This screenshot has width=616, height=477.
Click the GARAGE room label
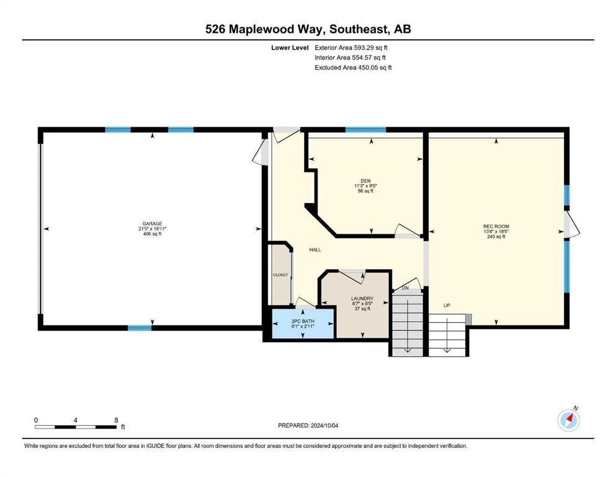(152, 224)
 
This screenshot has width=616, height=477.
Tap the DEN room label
(365, 181)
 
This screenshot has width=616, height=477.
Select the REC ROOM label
(496, 227)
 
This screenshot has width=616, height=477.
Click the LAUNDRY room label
(362, 299)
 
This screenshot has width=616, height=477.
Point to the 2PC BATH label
(303, 321)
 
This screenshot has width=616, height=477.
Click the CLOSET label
(280, 275)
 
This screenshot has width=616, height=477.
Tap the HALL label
(315, 250)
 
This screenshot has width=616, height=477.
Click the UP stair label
(447, 305)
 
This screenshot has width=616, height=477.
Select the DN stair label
(406, 288)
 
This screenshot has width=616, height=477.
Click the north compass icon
(568, 420)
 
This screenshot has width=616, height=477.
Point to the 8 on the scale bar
(116, 420)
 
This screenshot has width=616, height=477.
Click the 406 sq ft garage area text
(153, 234)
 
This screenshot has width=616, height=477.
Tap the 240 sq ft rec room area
(496, 237)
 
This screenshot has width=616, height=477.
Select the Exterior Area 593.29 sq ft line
(351, 48)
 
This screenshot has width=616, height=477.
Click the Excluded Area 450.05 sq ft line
(353, 68)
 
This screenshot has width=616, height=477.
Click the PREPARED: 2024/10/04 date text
(308, 425)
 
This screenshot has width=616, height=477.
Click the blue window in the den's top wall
(365, 130)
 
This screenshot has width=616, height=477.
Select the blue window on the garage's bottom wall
(140, 328)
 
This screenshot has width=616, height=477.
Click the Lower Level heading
(290, 48)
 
